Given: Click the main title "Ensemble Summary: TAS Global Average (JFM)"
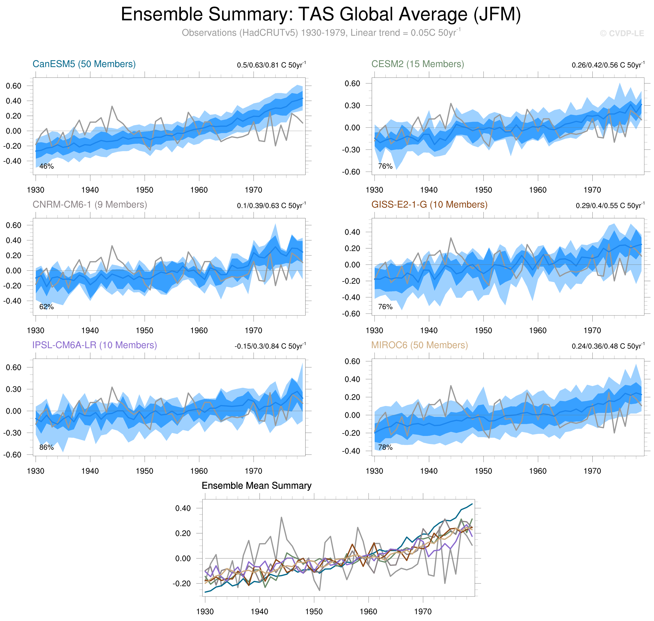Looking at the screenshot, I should click(x=320, y=15).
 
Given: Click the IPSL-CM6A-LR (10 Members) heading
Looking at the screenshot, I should click(x=94, y=345).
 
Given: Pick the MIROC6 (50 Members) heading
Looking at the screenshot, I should click(x=419, y=345).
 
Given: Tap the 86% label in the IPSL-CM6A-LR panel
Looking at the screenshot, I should click(x=46, y=448).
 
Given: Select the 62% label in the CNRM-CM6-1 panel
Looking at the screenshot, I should click(x=46, y=307).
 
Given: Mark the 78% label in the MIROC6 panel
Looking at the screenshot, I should click(x=385, y=448).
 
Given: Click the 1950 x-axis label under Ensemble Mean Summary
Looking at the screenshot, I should click(x=314, y=611).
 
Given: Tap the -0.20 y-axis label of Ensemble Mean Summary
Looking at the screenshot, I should click(x=182, y=584).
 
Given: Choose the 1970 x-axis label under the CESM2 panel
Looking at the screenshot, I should click(x=592, y=190).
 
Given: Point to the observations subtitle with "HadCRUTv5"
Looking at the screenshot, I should click(x=320, y=33).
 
